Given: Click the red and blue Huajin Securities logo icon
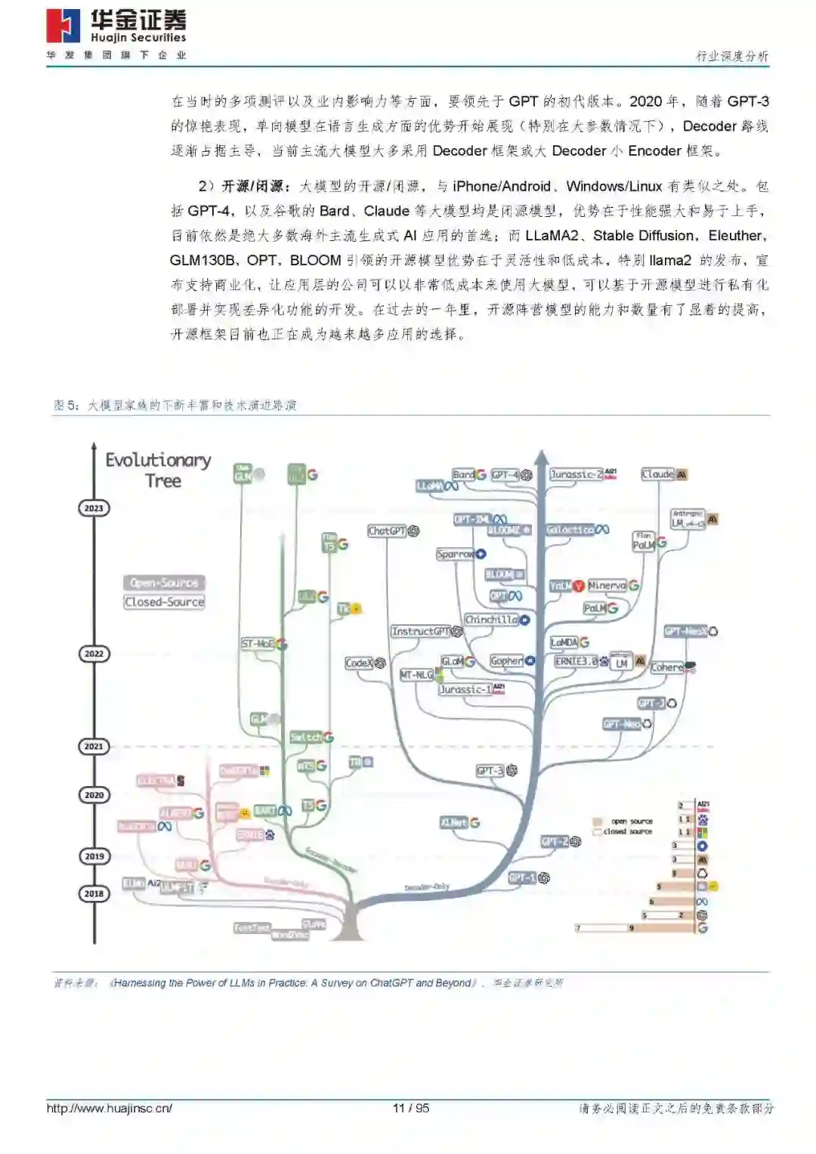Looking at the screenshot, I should [x=63, y=26].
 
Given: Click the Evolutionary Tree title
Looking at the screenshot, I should [x=158, y=470].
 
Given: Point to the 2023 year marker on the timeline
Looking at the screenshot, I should [x=94, y=508].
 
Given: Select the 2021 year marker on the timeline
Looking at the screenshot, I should [x=94, y=746].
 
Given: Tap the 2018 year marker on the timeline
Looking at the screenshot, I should [x=94, y=893].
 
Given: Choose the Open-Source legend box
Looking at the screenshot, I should [x=164, y=583].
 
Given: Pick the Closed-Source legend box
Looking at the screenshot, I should [x=164, y=602].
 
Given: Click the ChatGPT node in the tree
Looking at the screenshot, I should [x=387, y=531].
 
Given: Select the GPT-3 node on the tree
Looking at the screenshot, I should [x=490, y=771].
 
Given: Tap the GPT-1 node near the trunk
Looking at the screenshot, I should [x=522, y=877].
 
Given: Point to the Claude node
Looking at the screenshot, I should [x=658, y=475].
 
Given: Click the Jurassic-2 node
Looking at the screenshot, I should [x=576, y=475].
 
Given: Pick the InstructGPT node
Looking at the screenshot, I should [x=420, y=631].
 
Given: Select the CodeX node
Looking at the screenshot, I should [x=359, y=664].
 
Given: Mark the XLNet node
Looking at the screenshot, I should [x=454, y=822].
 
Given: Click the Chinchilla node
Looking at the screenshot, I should [x=491, y=620].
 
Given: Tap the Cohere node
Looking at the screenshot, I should [x=666, y=667].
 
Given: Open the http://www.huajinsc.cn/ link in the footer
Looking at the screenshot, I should [x=110, y=1109].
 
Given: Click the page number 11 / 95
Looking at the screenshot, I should [x=411, y=1109].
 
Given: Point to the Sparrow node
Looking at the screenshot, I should [x=456, y=555].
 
